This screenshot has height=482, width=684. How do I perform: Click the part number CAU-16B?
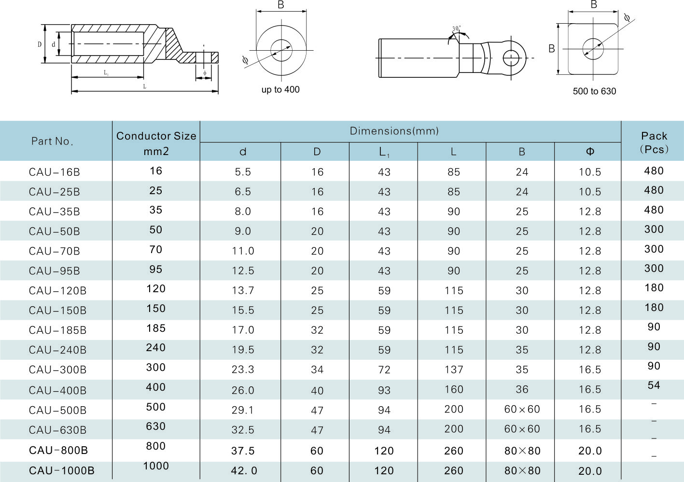pos(54,172)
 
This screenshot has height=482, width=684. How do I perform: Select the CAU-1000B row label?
pos(61,471)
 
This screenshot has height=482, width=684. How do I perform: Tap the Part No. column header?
pos(52,141)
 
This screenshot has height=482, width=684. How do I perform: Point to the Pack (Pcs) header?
pos(654,142)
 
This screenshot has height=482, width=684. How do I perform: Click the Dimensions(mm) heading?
pos(394,131)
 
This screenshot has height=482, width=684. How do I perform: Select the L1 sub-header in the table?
pos(384,152)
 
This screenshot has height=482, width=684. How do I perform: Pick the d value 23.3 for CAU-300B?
pos(243,370)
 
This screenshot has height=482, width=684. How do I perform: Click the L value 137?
pos(453,370)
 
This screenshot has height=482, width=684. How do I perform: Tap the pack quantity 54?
pos(654,385)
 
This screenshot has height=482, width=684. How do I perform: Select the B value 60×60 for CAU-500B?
pos(522,410)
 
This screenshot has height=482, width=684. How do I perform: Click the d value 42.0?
pos(244,471)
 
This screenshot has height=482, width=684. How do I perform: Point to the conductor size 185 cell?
pos(156,328)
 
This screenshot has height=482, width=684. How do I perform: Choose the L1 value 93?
pos(384,390)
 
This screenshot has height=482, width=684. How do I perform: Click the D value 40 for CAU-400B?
pos(317,391)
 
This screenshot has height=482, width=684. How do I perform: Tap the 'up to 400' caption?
pos(280,90)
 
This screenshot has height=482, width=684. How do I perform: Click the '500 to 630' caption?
pos(594,91)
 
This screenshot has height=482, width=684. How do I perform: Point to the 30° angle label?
pos(456,28)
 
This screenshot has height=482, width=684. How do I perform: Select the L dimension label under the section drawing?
pos(144,87)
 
